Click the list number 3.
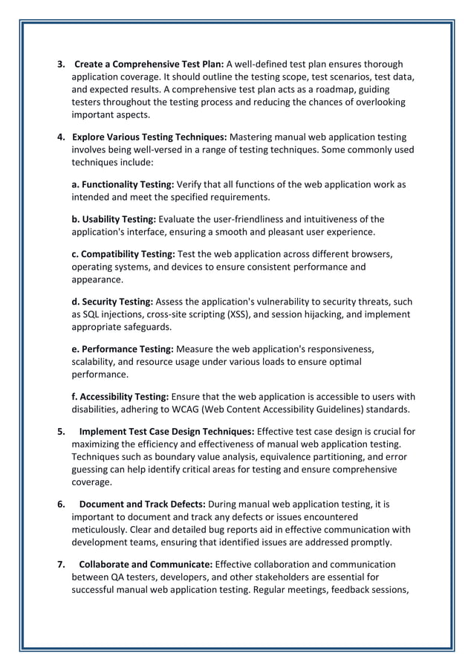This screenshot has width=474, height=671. [61, 64]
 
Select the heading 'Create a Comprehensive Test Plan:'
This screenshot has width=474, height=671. [149, 64]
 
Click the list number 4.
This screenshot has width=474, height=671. [61, 137]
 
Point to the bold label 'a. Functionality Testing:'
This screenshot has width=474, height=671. [123, 184]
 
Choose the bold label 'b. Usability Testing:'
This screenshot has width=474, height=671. [114, 218]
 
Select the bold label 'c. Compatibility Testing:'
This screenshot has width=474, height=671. [123, 253]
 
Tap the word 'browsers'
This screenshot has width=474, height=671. [370, 253]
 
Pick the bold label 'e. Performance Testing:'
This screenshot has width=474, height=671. [123, 349]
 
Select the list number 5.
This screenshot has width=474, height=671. [61, 431]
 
